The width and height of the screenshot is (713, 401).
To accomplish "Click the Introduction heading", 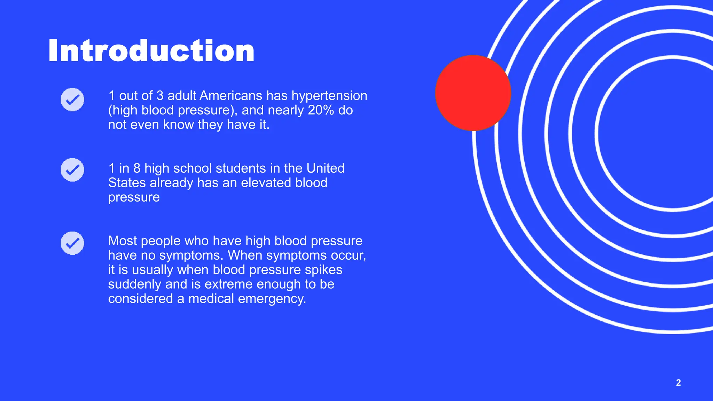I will coord(151,51).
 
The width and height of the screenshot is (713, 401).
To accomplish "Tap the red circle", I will coord(473,93).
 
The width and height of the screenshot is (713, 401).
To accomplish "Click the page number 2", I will coord(678,383).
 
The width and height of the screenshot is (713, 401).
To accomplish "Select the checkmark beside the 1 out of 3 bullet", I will coord(72,100).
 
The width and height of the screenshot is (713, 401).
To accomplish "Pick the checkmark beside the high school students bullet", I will coord(72,170).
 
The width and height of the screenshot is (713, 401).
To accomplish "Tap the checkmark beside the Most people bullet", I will coord(72,243).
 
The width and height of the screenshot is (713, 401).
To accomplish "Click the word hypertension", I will coord(329,96).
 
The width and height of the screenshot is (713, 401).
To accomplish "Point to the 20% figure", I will coord(321,110).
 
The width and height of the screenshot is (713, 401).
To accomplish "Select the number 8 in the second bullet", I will coord(137,168).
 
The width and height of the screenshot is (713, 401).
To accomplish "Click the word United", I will coord(325,168).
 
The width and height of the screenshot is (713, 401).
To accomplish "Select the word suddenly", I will coord(134,284).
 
